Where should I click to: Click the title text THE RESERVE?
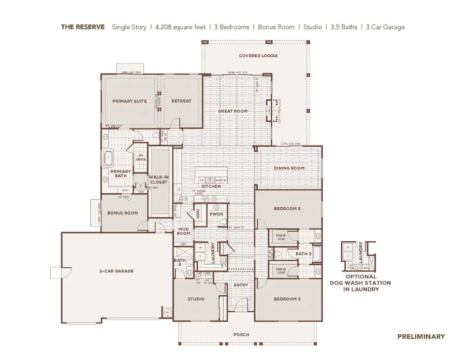[83, 27]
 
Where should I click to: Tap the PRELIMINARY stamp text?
[420, 336]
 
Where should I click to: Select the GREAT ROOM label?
[232, 111]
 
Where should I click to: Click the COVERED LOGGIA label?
[258, 55]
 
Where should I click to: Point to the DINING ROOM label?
[289, 168]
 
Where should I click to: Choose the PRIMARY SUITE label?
[129, 101]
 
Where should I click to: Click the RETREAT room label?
[181, 101]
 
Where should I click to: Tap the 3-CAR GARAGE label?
[116, 271]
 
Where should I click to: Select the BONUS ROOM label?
[123, 213]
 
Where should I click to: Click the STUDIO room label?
[195, 299]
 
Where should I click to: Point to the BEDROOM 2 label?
[287, 209]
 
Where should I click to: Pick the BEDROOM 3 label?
[287, 299]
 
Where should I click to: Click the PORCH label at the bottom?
[241, 335]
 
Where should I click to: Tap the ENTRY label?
[241, 285]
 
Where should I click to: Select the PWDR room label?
[215, 213]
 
